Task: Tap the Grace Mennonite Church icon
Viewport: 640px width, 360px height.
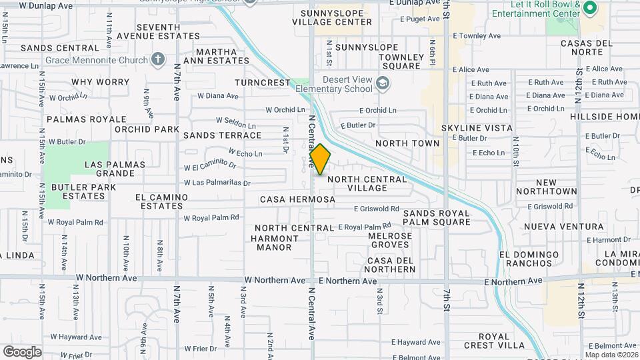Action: pyautogui.click(x=157, y=61)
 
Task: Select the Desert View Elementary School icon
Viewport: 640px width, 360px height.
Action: pyautogui.click(x=382, y=83)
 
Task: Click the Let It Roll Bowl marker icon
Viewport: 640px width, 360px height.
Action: pyautogui.click(x=589, y=9)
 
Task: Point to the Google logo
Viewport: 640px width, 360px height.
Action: pyautogui.click(x=22, y=351)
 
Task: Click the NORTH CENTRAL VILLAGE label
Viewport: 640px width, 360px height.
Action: pyautogui.click(x=367, y=183)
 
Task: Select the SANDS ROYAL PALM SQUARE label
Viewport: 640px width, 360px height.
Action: pyautogui.click(x=437, y=217)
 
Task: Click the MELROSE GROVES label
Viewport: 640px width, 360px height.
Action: pyautogui.click(x=390, y=240)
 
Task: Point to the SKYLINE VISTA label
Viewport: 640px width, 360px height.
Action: pyautogui.click(x=477, y=127)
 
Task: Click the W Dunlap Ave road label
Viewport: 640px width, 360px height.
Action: pyautogui.click(x=45, y=5)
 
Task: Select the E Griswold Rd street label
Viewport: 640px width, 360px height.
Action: pyautogui.click(x=376, y=209)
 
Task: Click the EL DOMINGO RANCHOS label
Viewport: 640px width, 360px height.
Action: pyautogui.click(x=529, y=259)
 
